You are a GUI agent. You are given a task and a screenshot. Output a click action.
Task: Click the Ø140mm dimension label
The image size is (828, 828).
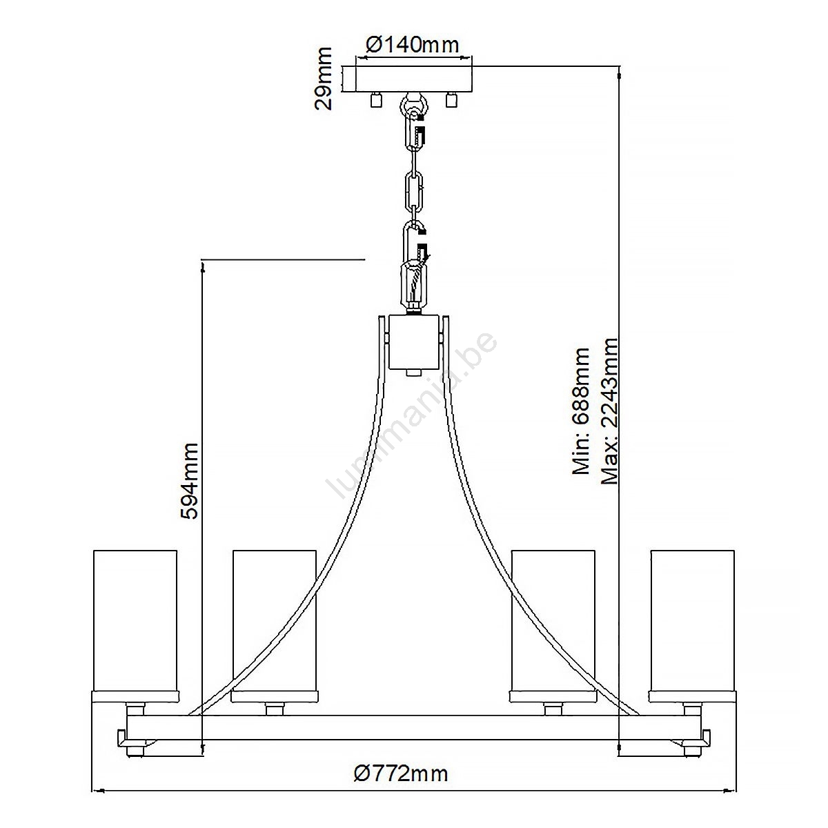tap(412, 45)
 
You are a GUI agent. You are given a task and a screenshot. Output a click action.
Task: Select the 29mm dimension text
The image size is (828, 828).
tap(323, 79)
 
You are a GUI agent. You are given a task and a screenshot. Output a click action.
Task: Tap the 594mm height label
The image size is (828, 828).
tap(189, 481)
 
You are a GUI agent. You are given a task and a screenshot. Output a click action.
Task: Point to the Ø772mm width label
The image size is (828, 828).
tap(401, 773)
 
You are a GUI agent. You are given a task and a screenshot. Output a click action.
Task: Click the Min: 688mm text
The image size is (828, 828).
tap(580, 411)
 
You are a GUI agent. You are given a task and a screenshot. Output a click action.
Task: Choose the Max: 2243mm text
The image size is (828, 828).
tap(609, 411)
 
